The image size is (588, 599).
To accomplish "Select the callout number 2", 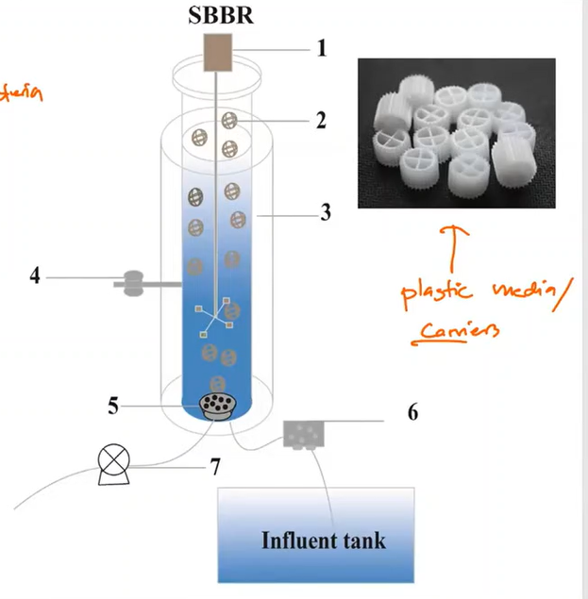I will (321, 120).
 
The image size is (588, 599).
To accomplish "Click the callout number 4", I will (36, 277).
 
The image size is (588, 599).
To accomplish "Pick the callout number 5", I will (113, 407).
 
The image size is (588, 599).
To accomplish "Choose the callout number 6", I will (412, 413).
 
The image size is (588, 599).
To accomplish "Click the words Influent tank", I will (322, 541).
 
